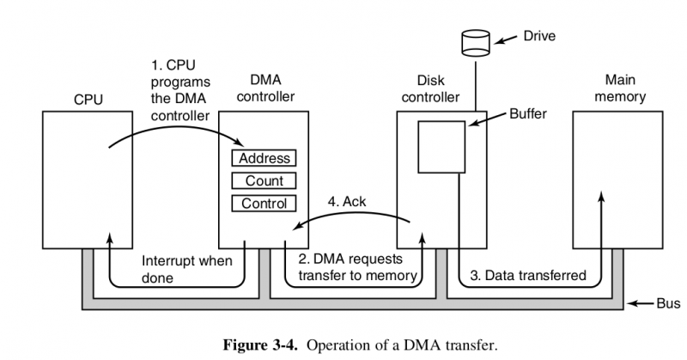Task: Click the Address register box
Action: coord(264,159)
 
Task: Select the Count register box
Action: coord(264,181)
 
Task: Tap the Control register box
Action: coord(264,204)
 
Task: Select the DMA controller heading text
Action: coord(264,88)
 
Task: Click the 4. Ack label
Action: coord(347,202)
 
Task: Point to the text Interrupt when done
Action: coord(181,269)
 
